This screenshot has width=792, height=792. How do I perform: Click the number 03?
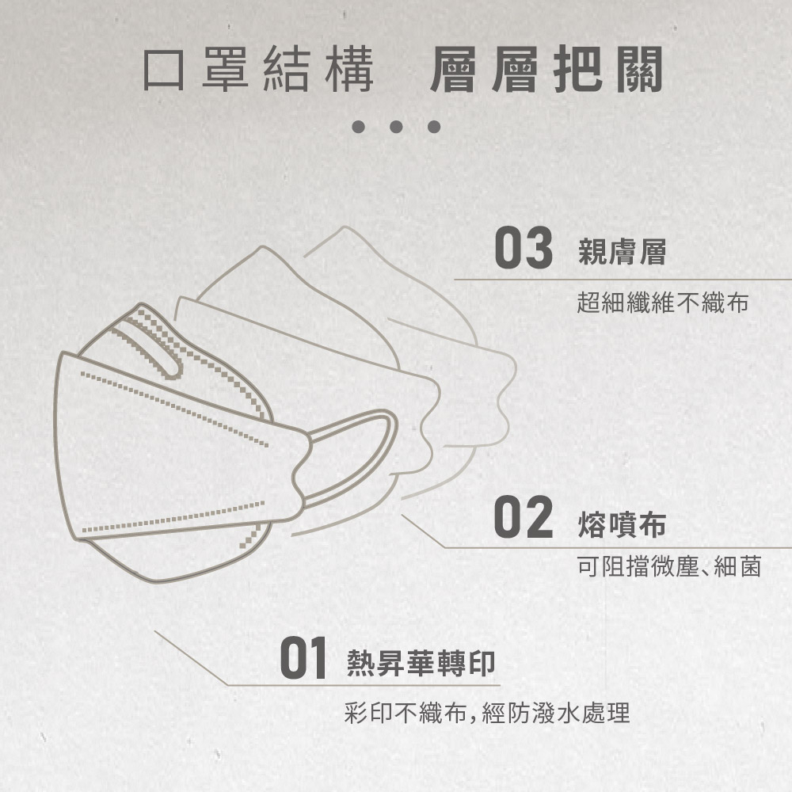click(x=524, y=247)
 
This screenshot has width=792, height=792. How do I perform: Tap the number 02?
click(x=524, y=516)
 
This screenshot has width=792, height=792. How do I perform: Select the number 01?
click(x=303, y=657)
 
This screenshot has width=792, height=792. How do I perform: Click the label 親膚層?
click(x=623, y=252)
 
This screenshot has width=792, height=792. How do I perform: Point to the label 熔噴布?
click(x=623, y=524)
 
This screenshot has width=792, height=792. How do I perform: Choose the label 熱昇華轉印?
click(x=421, y=663)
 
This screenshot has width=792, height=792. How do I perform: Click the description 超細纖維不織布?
click(x=662, y=303)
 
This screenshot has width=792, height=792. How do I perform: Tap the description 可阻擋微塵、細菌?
click(x=669, y=566)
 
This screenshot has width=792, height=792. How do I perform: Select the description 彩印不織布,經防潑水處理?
click(x=487, y=713)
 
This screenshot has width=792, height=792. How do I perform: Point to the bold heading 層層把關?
click(x=546, y=69)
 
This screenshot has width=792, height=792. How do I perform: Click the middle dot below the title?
click(x=396, y=126)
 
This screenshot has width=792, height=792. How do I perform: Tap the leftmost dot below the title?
click(x=359, y=126)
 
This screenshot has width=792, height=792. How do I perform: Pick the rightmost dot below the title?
click(x=434, y=126)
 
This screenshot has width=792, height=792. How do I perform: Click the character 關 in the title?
click(x=639, y=69)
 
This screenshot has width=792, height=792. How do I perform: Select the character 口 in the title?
click(x=164, y=70)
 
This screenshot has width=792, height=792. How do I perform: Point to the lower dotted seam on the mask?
click(x=173, y=517)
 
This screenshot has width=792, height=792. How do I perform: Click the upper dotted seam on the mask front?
click(x=174, y=409)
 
